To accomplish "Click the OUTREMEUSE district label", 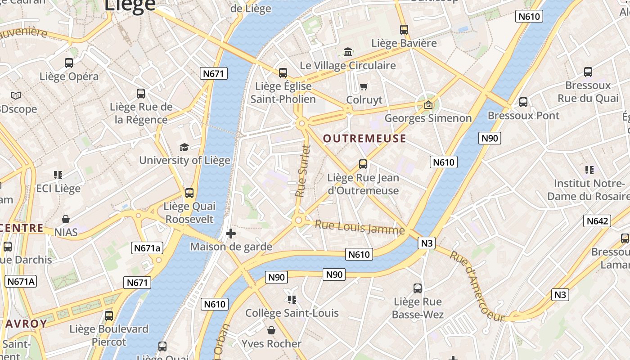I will [364, 139].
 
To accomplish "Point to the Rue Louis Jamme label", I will [360, 227].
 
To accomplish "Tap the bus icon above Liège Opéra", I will [69, 63].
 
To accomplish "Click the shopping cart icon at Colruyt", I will [364, 86].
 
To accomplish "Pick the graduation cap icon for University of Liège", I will [184, 147].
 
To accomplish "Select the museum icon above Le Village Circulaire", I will [348, 52].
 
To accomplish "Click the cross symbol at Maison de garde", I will [230, 234].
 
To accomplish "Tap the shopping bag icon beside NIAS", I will [66, 219].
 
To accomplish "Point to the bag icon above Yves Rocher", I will [271, 331].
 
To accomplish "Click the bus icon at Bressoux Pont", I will [523, 102].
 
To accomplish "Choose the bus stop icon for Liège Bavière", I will [404, 30].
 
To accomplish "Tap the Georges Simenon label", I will [428, 118].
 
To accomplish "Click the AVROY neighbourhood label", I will [27, 324].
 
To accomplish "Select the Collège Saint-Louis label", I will [292, 313].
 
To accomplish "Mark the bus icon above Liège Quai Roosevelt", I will [189, 193].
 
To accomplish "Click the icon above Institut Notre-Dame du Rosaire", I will [589, 170].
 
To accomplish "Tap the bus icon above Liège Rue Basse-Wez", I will [418, 288].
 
